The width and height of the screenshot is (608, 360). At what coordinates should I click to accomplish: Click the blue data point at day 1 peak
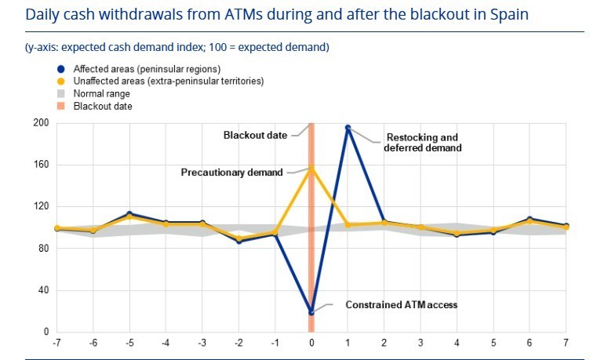[x=348, y=128]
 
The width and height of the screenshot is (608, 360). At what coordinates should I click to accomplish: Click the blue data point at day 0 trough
[x=311, y=312]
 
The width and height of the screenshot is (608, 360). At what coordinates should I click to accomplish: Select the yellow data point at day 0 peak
[x=311, y=168]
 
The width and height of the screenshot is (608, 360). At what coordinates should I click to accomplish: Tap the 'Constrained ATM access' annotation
[x=401, y=304]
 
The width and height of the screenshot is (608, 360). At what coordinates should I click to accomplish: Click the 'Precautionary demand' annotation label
[x=231, y=173]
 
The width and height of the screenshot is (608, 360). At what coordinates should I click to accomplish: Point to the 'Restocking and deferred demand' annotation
[x=424, y=142]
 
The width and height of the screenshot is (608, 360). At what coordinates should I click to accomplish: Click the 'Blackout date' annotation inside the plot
[x=255, y=135]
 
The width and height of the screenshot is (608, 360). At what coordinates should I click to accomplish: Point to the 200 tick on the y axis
[x=42, y=123]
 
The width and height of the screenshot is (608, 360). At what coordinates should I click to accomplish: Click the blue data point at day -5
[x=129, y=214]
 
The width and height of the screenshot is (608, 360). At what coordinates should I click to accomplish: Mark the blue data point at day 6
[x=530, y=219]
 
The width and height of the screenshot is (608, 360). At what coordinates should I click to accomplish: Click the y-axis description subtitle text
[x=177, y=47]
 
